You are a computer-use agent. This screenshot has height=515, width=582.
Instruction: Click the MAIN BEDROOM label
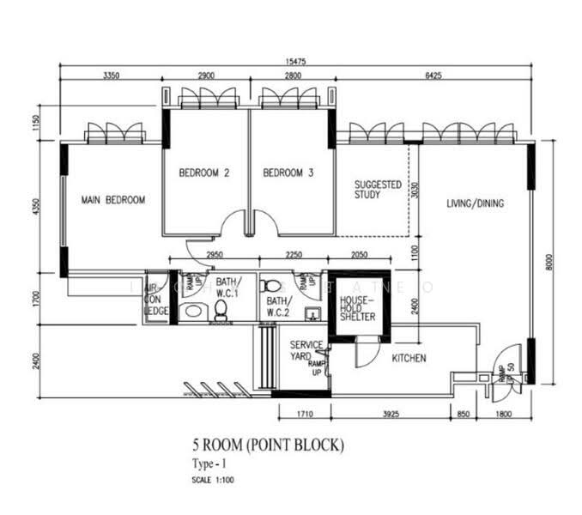(112, 200)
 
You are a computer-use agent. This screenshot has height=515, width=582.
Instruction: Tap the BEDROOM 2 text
(203, 173)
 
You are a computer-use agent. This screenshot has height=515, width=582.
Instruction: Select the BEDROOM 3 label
(288, 173)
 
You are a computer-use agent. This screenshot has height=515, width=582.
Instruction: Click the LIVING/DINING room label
(475, 203)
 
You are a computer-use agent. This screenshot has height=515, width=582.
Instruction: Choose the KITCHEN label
(409, 358)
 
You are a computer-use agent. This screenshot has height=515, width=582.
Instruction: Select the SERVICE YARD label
(306, 350)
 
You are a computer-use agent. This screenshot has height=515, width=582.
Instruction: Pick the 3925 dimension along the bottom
(391, 415)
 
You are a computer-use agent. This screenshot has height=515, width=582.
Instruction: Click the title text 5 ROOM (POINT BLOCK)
(268, 445)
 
